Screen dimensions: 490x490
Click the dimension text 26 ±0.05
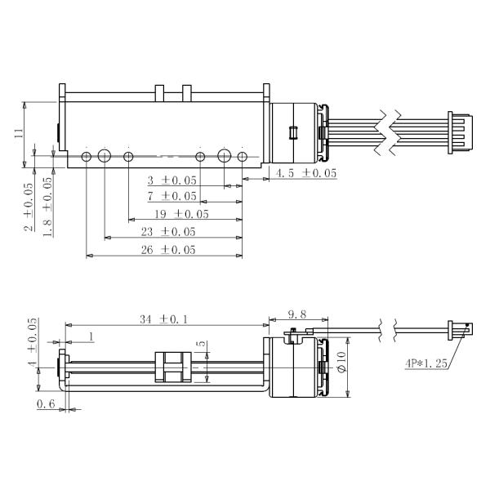(167, 250)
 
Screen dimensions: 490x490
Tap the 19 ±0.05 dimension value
(180, 214)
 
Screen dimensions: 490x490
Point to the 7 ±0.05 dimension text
(171, 196)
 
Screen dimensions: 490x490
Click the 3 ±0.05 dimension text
(171, 180)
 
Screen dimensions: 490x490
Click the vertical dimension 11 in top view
(19, 133)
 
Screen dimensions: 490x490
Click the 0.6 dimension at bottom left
(45, 403)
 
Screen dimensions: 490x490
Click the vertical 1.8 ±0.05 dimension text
(48, 207)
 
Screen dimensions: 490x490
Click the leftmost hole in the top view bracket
(87, 156)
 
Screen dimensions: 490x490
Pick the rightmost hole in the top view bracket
(242, 156)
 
